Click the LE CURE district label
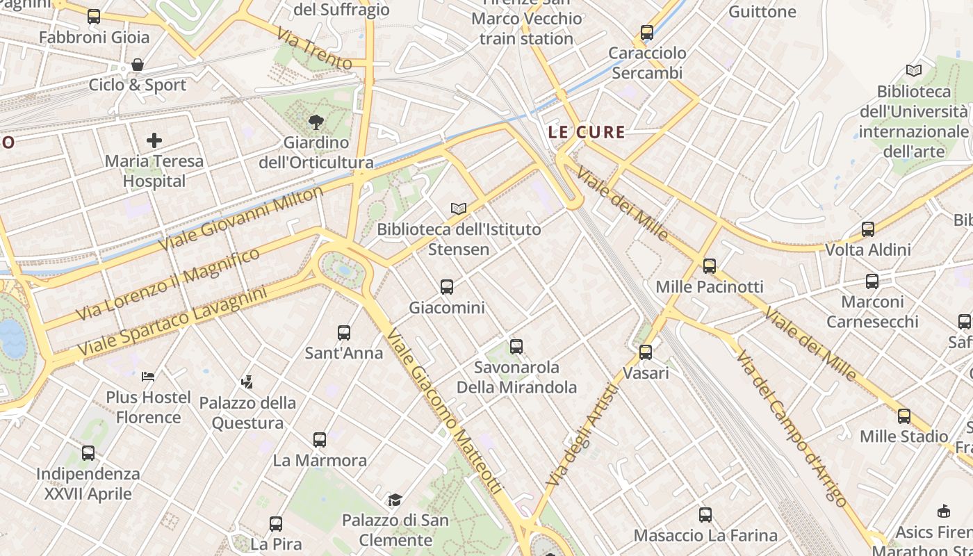587,131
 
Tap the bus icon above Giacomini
447,286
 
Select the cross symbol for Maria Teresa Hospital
154,140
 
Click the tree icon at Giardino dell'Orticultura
316,122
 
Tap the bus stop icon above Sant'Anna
344,332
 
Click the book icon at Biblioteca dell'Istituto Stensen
458,208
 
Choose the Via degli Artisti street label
582,436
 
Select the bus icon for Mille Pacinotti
709,265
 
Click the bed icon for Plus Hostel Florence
148,377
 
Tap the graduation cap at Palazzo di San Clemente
395,500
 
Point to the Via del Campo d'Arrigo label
792,429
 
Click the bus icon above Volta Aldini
867,229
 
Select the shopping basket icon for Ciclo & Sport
138,65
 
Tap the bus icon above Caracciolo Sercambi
647,32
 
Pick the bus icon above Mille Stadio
903,416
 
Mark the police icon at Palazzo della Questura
247,382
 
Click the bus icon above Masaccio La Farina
705,515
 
